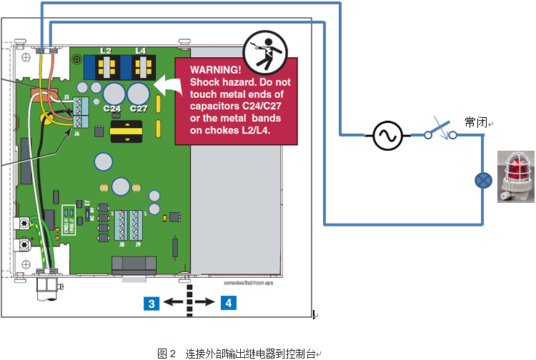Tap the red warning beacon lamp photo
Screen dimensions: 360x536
tap(515, 174)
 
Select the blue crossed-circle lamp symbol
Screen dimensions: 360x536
tap(484, 180)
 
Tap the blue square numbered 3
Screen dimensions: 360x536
tap(150, 303)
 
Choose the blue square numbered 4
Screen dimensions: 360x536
tap(228, 303)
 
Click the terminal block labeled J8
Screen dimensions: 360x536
tap(122, 226)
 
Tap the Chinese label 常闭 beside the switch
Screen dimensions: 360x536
tap(476, 122)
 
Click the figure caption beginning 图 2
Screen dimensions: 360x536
tap(239, 353)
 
